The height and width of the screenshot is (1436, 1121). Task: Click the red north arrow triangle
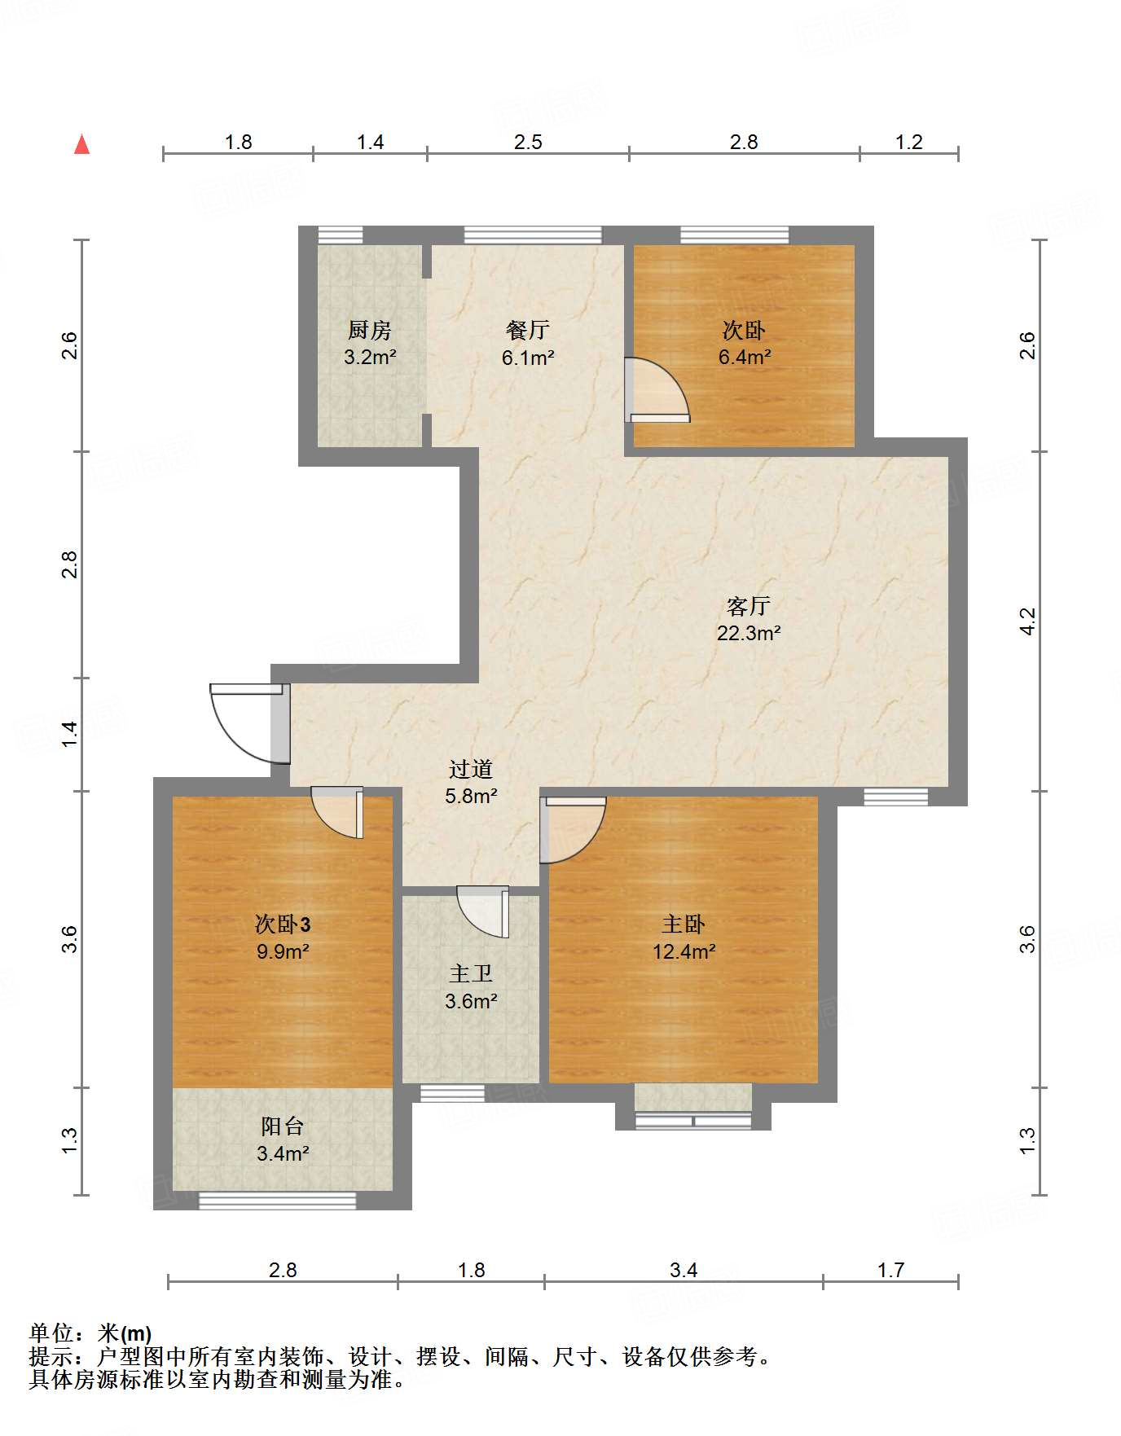(81, 144)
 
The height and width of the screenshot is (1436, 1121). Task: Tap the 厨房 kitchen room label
(369, 330)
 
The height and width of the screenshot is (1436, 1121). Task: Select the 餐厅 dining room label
(527, 330)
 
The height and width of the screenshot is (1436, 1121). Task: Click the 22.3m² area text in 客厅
(749, 633)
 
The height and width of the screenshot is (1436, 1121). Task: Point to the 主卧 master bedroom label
(683, 924)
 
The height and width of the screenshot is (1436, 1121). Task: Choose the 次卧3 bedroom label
(283, 924)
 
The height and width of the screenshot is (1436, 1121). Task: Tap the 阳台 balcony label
(282, 1126)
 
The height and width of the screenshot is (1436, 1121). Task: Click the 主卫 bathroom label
(471, 973)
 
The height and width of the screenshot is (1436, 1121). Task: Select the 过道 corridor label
(471, 769)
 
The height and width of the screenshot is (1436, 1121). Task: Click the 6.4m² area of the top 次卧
(745, 357)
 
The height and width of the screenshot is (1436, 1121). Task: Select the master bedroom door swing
(573, 830)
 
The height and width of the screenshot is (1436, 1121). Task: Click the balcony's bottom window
(278, 1200)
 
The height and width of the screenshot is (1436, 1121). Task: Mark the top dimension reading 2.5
(528, 142)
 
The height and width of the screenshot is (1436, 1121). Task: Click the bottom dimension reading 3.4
(684, 1270)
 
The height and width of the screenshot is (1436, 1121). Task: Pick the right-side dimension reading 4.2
(1028, 621)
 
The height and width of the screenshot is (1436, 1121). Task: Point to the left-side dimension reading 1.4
(71, 734)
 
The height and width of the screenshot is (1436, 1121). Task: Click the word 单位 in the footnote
(51, 1333)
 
